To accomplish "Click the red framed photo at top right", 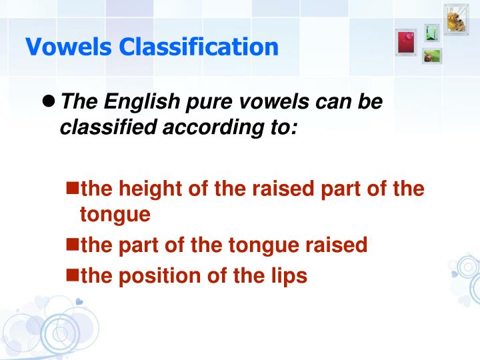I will [x=405, y=41].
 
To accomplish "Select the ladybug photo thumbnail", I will [x=431, y=56].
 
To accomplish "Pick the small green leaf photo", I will [x=432, y=32].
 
